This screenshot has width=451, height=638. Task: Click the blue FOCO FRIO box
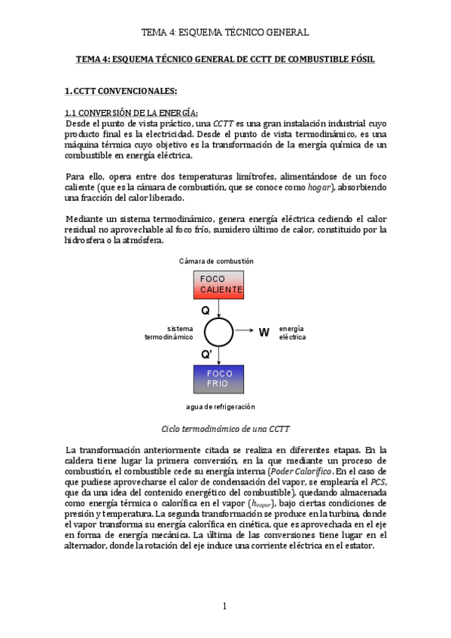pyautogui.click(x=218, y=378)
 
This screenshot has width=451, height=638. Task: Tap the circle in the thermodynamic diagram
pyautogui.click(x=219, y=332)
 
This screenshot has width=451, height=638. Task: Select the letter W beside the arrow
pyautogui.click(x=264, y=333)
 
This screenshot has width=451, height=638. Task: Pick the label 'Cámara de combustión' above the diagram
pyautogui.click(x=216, y=261)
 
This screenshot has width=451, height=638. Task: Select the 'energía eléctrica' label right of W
pyautogui.click(x=292, y=333)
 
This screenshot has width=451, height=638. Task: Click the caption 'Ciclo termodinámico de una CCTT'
pyautogui.click(x=226, y=429)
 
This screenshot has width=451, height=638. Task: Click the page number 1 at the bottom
pyautogui.click(x=224, y=606)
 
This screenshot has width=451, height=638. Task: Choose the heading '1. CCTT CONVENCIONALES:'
pyautogui.click(x=121, y=91)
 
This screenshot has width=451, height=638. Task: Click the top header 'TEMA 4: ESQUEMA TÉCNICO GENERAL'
pyautogui.click(x=225, y=32)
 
